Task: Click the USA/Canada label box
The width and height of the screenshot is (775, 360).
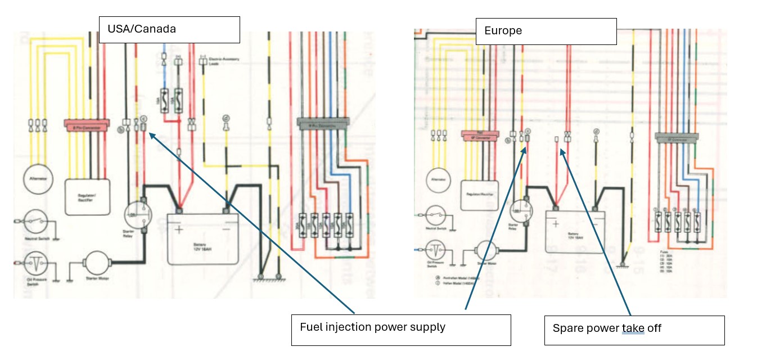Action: [169, 29]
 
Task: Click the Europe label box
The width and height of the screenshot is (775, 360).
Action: [546, 31]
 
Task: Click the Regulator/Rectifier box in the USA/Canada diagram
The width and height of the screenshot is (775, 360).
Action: [88, 196]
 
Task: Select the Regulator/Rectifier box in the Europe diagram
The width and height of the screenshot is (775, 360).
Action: [480, 195]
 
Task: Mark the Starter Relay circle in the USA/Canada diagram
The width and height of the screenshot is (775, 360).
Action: [135, 215]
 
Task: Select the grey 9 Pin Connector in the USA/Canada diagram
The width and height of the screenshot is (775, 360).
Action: [323, 123]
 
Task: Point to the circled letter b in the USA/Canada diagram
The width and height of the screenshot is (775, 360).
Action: [120, 130]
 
